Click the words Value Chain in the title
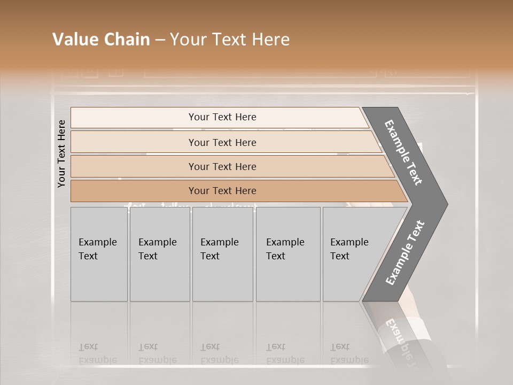point(101,40)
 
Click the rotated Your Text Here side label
point(61,153)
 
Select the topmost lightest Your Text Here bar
point(222,117)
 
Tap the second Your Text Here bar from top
point(222,142)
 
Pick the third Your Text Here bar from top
point(222,166)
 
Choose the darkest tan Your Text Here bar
point(222,191)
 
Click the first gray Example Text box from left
point(99,254)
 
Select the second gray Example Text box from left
point(159,254)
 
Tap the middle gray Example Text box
point(222,254)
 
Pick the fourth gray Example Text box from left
point(287,254)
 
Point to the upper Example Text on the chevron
point(403,153)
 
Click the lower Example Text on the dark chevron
point(405,252)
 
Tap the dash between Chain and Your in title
point(160,40)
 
